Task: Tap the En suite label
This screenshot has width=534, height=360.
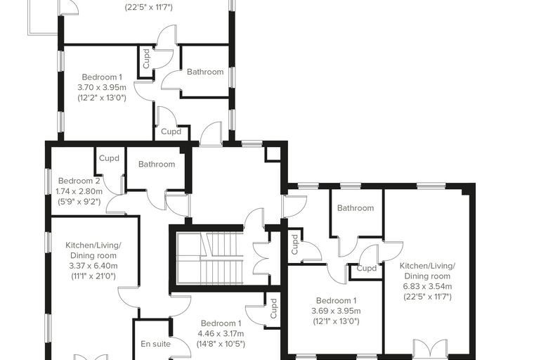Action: [x=156, y=344]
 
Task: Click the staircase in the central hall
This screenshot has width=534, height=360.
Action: [x=210, y=258]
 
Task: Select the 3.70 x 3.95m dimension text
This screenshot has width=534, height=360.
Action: [x=102, y=87]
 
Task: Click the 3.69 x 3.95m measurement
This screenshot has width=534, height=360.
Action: [x=336, y=311]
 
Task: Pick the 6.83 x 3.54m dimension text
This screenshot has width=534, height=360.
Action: [x=427, y=286]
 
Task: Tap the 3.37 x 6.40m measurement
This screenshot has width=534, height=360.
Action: [x=93, y=266]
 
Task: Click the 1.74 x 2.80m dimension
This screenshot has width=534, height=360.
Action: [x=79, y=191]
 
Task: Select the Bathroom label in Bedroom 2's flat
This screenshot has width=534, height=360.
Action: [x=157, y=165]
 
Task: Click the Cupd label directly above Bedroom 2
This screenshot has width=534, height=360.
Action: [x=109, y=158]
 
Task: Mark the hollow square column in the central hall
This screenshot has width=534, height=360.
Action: [x=273, y=154]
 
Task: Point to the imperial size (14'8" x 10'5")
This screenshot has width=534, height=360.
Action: [x=221, y=344]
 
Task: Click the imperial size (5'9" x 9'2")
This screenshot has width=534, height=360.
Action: [x=79, y=202]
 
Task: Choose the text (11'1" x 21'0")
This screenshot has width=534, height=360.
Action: [x=93, y=276]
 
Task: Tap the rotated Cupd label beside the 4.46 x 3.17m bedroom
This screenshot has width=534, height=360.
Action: [x=273, y=308]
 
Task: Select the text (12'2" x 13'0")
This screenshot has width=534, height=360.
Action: [x=102, y=98]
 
